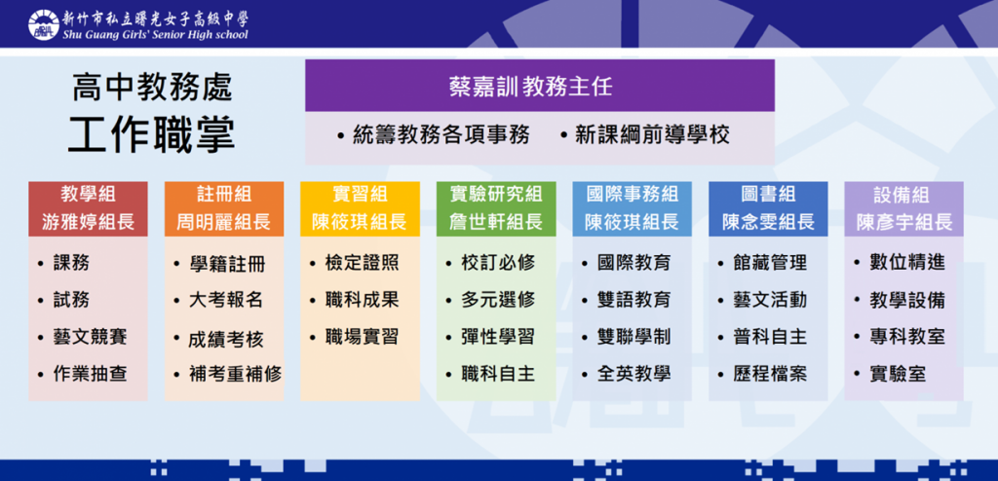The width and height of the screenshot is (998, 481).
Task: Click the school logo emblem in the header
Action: point(43,23)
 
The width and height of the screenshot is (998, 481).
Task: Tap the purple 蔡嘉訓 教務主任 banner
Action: point(540,86)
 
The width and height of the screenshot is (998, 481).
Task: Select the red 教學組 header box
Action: point(88,208)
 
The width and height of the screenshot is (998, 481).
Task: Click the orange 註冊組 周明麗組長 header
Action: point(224,208)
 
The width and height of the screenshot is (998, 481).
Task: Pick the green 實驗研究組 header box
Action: point(496,208)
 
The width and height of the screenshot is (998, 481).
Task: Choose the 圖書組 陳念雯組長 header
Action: point(768,208)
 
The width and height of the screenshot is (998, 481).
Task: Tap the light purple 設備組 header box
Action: point(903,208)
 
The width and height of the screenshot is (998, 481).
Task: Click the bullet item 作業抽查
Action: point(90,374)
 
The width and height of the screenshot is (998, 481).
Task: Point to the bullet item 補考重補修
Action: point(236,374)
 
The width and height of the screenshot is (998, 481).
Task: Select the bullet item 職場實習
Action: point(362,337)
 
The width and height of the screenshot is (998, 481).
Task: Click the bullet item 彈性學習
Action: point(498,337)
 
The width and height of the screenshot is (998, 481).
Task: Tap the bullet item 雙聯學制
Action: point(633,337)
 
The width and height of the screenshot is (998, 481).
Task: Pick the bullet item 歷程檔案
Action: point(770,374)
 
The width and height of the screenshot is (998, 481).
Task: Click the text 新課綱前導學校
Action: point(652,135)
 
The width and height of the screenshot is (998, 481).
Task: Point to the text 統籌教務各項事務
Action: point(441,135)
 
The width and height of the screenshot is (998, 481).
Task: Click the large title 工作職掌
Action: point(151,135)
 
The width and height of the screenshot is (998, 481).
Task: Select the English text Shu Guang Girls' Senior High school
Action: point(155,35)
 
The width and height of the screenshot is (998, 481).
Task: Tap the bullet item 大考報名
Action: point(226,300)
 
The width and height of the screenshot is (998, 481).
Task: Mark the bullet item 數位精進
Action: point(907,262)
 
